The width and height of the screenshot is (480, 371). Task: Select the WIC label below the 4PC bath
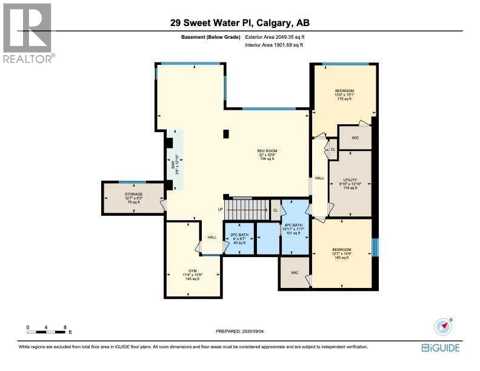coord(295,273)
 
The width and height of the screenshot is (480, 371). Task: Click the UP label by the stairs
coord(221,209)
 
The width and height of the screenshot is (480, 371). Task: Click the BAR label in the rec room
coord(174,164)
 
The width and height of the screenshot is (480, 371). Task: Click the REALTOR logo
coord(28,33)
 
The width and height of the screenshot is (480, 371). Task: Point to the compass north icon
coord(444,327)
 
